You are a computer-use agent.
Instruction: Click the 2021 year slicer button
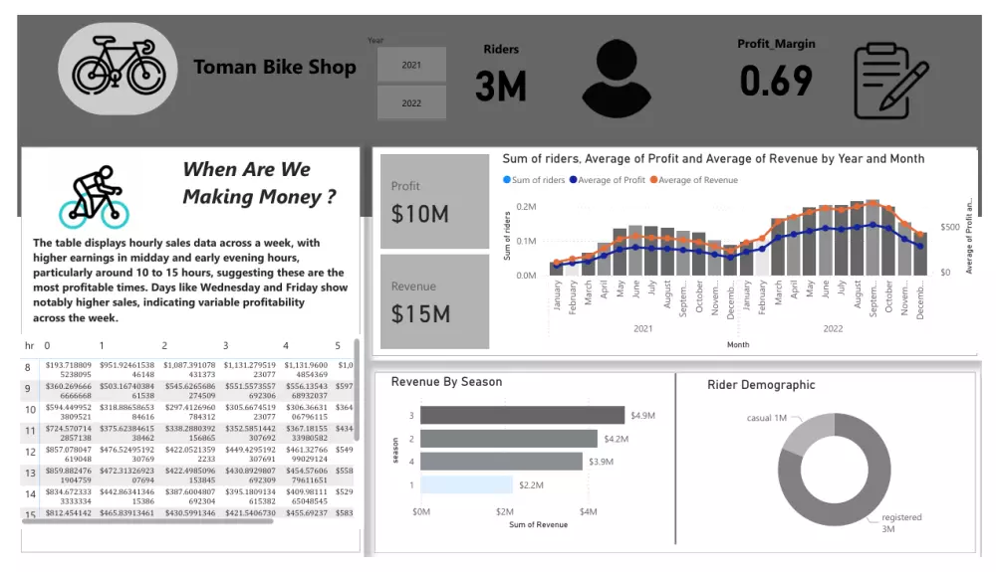point(411,65)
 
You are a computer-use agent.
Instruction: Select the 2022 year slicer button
point(411,102)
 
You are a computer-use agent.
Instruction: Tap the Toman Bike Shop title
point(274,68)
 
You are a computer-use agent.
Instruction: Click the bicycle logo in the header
point(118,68)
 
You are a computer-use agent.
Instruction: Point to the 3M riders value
point(500,87)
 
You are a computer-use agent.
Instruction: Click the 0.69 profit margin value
point(776,81)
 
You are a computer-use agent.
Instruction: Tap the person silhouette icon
point(622,78)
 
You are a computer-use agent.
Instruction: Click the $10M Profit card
point(434,202)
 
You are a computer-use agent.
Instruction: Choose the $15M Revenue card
point(434,302)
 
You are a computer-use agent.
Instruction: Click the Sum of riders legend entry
point(538,180)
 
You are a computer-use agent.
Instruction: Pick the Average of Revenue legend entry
point(697,180)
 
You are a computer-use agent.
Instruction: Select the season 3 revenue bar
point(522,415)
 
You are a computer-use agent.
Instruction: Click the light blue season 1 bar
point(466,484)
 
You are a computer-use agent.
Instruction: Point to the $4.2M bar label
point(618,439)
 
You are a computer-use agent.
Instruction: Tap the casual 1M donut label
point(767,418)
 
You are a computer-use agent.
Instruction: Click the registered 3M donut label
point(901,523)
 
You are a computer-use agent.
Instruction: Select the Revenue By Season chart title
point(446,382)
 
